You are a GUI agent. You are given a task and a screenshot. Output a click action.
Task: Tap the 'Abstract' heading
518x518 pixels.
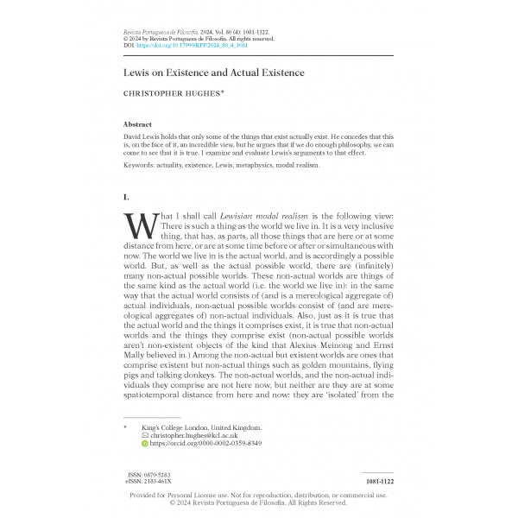[x=138, y=125]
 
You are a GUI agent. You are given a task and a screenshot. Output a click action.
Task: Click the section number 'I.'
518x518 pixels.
[x=129, y=198]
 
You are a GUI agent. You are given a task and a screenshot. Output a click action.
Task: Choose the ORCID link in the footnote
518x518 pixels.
[x=205, y=444]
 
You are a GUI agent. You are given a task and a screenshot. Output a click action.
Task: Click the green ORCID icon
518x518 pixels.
[x=144, y=444]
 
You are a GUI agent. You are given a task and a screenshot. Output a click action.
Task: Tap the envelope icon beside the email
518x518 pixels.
[x=144, y=435]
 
